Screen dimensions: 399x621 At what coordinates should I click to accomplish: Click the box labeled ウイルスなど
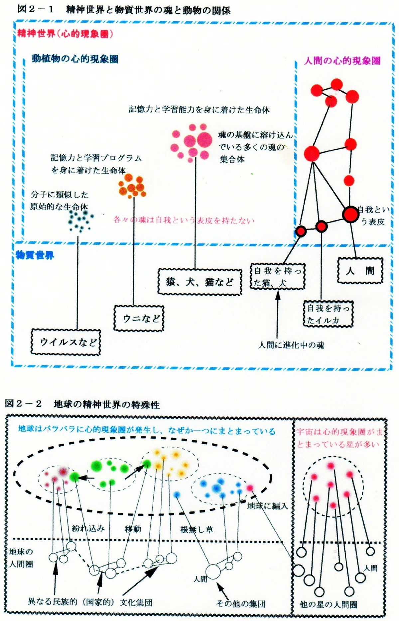66,342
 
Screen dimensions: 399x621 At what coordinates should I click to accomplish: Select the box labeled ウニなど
139,318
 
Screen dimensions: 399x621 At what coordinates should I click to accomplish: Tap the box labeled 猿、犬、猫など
199,282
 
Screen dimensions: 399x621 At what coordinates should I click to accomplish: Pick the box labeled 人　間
360,271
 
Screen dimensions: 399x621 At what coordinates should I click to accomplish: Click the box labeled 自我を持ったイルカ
328,314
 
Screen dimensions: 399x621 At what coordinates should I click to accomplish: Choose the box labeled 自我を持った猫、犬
277,277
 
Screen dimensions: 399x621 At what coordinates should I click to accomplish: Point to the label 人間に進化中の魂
291,345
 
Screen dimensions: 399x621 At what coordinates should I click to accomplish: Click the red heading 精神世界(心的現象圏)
65,34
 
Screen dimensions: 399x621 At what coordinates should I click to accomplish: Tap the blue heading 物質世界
35,255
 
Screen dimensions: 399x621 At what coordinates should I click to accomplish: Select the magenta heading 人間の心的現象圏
342,61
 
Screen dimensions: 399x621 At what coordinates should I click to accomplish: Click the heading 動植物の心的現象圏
75,59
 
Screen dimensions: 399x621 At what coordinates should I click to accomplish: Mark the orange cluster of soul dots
132,186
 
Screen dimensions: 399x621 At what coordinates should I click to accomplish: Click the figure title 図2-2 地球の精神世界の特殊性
82,404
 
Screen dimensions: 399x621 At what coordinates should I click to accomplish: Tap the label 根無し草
197,529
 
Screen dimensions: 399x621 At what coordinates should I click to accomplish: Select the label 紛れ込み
88,528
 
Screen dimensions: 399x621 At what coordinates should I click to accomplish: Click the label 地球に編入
268,506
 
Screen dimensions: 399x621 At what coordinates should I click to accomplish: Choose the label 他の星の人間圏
329,604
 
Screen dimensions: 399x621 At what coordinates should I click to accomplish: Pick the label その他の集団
241,603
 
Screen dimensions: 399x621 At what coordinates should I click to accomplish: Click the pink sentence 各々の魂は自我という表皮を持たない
184,220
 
